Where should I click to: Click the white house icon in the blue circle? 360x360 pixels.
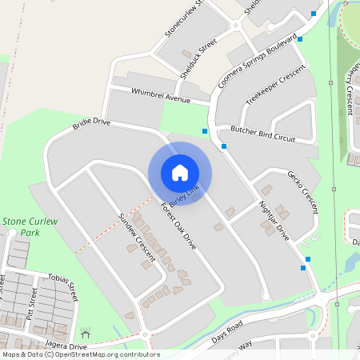(x=180, y=173)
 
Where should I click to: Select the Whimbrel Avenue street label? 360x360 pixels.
(x=160, y=95)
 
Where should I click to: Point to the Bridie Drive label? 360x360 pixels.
(x=90, y=123)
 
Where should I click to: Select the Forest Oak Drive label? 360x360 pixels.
(x=178, y=226)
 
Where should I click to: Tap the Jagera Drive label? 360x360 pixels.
(x=66, y=346)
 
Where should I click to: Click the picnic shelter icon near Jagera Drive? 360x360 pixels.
(x=86, y=331)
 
